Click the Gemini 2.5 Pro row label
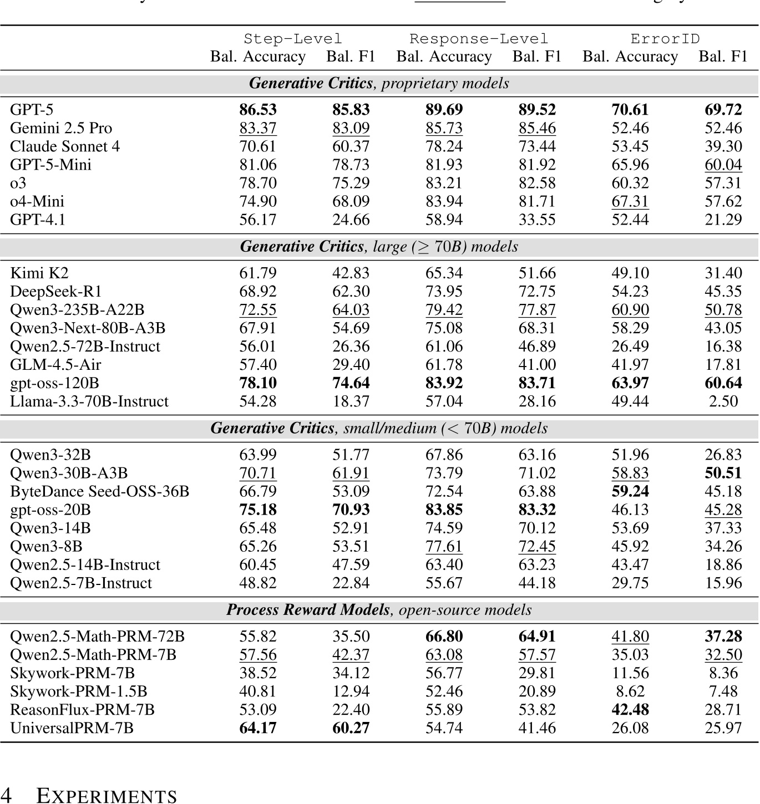coord(61,128)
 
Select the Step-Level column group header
coord(293,39)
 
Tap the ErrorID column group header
coord(665,39)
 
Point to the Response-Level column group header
coord(479,39)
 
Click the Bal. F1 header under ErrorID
coord(723,57)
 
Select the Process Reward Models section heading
coord(379,610)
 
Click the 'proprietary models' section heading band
coord(379,83)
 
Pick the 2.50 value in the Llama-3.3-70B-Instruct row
coord(723,401)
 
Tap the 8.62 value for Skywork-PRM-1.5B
coord(630,691)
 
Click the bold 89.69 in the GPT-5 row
coord(444,110)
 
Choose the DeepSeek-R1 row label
coord(56,291)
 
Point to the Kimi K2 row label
coord(39,273)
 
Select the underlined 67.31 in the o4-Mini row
coord(630,201)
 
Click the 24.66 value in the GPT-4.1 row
coord(351,220)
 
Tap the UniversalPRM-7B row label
coord(72,728)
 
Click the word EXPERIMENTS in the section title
coord(107,796)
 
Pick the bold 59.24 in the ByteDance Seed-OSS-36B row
coord(630,491)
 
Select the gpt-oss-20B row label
coord(50,510)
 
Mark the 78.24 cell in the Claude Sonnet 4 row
coord(444,146)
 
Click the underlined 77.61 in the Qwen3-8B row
coord(444,546)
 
